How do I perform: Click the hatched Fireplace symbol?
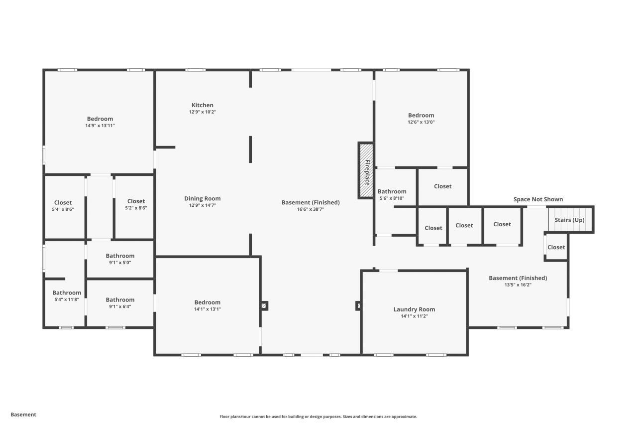366,170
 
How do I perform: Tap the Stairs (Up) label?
569,220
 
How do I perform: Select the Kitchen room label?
203,105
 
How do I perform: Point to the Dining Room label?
202,198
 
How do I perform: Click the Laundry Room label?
414,309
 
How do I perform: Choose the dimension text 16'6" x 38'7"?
311,209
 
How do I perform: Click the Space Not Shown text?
538,199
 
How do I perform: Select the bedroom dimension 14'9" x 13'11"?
100,126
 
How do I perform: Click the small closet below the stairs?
556,247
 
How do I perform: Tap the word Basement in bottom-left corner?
23,415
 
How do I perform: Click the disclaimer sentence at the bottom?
318,417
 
